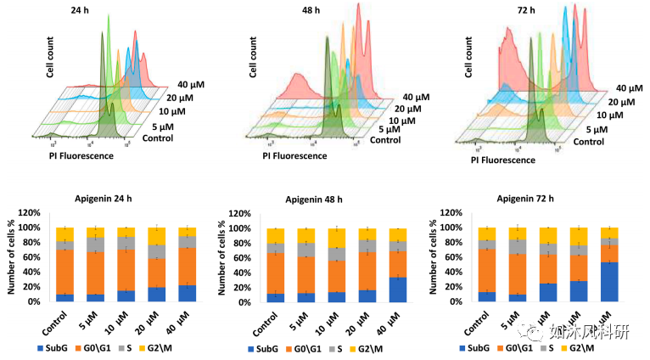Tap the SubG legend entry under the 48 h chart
point(258,349)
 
